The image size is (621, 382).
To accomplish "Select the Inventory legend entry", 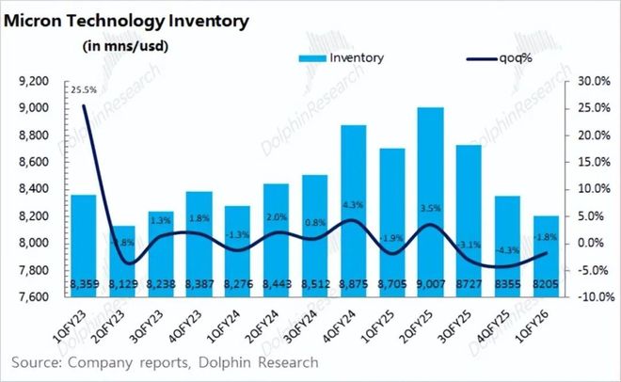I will coord(343,58).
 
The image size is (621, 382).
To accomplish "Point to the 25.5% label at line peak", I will coord(81,90).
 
